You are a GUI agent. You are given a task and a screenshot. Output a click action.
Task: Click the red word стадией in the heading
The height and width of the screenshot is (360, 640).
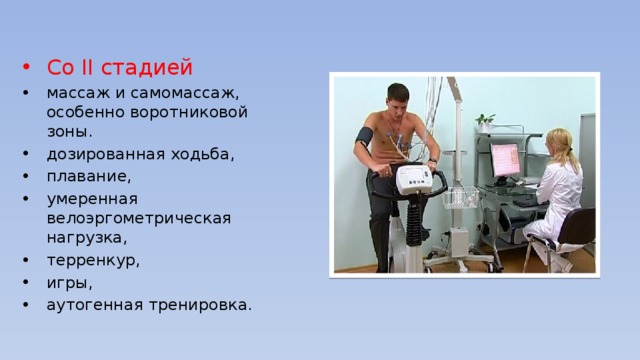(147, 67)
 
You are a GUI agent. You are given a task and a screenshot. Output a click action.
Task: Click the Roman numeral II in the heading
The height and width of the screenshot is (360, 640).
(87, 67)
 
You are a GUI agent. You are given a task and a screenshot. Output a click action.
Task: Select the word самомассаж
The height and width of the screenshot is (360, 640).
(184, 93)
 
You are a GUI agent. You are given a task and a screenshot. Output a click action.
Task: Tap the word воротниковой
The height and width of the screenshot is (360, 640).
(189, 112)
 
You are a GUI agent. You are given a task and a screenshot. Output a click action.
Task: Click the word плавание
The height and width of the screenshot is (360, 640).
(89, 177)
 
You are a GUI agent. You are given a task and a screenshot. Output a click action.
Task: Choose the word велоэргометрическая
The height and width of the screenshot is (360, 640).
(139, 218)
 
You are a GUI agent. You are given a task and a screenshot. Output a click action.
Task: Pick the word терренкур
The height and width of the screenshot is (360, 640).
(93, 260)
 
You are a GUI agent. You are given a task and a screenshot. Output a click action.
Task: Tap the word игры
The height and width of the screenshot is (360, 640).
(69, 283)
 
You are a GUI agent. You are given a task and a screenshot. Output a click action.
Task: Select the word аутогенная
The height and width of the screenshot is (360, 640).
(95, 305)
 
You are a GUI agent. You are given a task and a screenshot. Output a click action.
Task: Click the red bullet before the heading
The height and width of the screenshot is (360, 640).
(27, 67)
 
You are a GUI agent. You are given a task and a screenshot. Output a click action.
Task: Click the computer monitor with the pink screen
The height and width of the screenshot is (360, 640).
(505, 160)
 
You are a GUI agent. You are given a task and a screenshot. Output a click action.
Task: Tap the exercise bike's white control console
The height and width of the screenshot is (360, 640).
(414, 178)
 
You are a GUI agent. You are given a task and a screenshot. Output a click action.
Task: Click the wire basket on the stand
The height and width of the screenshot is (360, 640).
(460, 198)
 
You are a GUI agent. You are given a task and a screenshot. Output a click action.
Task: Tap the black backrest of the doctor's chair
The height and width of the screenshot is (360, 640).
(577, 226)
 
